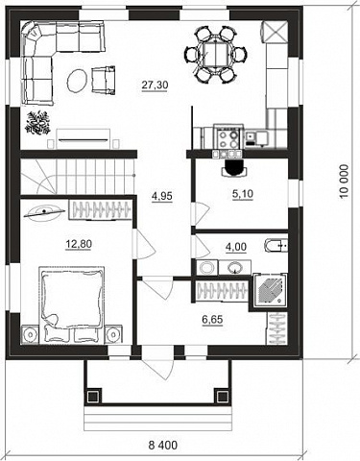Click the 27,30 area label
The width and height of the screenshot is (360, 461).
click(x=155, y=85)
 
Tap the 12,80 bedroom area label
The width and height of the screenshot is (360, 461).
click(x=79, y=244)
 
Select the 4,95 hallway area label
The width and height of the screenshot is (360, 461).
click(x=162, y=196)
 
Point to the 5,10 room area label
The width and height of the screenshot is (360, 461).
click(x=243, y=194)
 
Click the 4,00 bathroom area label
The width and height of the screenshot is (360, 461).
click(x=236, y=247)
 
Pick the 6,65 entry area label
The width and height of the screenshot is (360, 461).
click(x=212, y=319)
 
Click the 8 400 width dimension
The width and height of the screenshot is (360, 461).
click(x=162, y=445)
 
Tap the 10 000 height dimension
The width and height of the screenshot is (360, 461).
click(x=344, y=182)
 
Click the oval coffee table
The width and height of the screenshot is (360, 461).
click(x=77, y=81)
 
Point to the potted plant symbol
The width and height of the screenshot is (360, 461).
click(x=38, y=123)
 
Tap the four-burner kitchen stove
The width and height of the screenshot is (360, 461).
click(x=228, y=136)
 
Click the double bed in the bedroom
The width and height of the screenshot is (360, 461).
click(x=72, y=304)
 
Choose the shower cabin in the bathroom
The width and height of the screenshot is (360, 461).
click(x=270, y=290)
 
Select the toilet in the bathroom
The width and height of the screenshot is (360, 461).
click(x=276, y=246)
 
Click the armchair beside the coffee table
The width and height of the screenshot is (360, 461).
click(x=104, y=80)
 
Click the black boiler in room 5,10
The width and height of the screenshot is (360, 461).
click(x=234, y=167)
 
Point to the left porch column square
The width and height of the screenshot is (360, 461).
click(x=93, y=397)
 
